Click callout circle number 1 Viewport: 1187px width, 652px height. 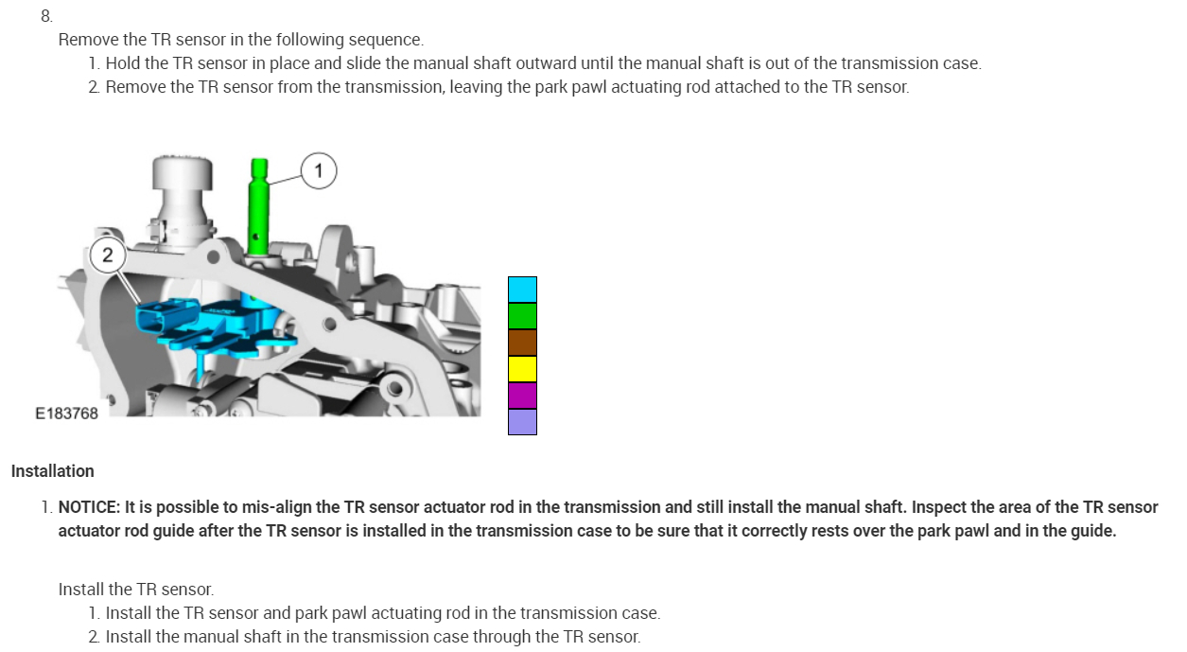[x=319, y=171]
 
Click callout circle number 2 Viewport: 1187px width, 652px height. [x=107, y=255]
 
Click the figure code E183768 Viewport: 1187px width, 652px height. [x=66, y=414]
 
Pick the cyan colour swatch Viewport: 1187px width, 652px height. [x=522, y=290]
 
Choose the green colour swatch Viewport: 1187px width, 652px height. [x=522, y=316]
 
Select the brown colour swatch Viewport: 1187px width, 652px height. [x=522, y=343]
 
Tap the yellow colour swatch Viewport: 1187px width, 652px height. [x=522, y=369]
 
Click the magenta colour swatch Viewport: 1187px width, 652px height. [x=522, y=396]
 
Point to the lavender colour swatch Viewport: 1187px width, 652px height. [x=522, y=422]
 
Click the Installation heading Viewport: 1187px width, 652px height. [x=53, y=471]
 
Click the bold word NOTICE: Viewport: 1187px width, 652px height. [x=89, y=507]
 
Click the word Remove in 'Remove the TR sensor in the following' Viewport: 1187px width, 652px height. [x=88, y=40]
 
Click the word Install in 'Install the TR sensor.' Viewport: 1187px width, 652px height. [x=80, y=590]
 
